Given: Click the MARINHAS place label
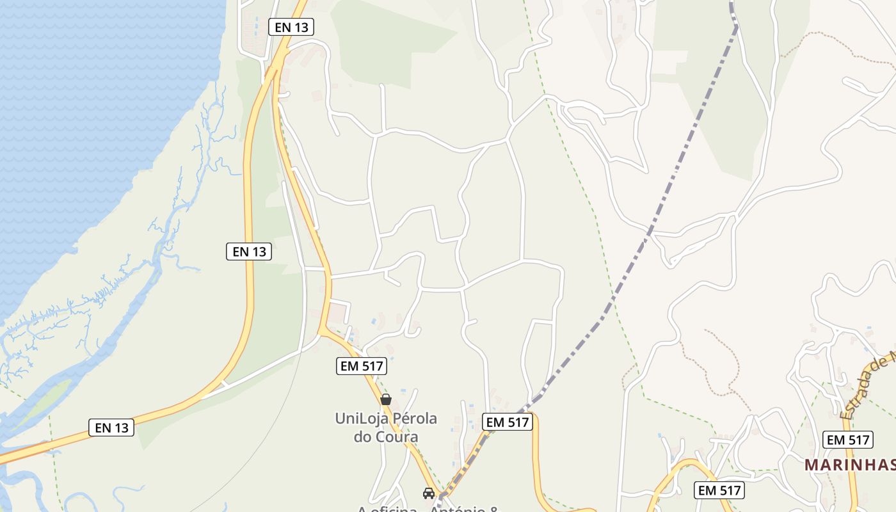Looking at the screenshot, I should click(x=849, y=465).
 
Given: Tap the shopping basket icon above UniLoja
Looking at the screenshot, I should click(x=386, y=399).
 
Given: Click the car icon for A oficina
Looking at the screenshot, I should click(x=429, y=493).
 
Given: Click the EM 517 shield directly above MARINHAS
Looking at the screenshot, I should click(x=848, y=440).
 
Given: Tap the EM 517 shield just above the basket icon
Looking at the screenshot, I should click(x=362, y=366).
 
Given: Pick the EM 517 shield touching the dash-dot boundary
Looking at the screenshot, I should click(x=508, y=422).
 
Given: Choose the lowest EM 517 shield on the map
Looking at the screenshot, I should click(x=720, y=490).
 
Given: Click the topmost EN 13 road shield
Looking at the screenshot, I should click(x=291, y=27).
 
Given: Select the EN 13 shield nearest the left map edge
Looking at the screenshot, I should click(x=111, y=428).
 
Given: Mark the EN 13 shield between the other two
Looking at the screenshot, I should click(x=249, y=252).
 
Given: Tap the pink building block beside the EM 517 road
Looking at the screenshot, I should click(x=337, y=313).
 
